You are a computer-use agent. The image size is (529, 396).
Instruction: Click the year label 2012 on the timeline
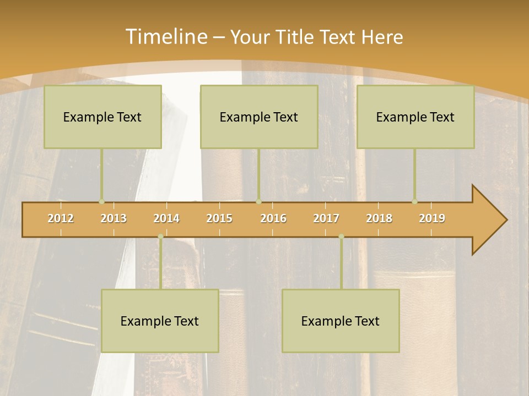tap(61, 219)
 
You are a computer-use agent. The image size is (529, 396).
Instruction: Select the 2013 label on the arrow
tap(114, 219)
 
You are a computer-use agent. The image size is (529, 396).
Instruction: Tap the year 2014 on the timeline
tap(166, 219)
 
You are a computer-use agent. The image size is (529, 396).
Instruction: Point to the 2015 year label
tap(219, 219)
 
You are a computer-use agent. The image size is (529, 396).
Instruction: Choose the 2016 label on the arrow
tap(273, 219)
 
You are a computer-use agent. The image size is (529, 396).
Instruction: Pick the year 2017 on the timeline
tap(326, 219)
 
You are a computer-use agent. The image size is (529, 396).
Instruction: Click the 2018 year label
tap(379, 219)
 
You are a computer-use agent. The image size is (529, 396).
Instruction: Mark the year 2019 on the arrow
tap(432, 219)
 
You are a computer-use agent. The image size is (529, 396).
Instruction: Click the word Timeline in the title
tap(165, 37)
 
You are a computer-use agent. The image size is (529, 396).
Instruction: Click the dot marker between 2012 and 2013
tap(101, 202)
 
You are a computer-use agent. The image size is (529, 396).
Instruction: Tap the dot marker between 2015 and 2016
tap(258, 202)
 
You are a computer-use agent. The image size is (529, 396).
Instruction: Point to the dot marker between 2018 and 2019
tap(415, 202)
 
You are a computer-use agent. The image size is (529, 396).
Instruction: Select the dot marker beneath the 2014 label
tap(160, 237)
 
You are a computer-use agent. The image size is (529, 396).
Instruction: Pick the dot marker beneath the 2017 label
tap(341, 237)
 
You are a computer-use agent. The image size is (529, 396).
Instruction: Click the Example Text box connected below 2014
tap(160, 321)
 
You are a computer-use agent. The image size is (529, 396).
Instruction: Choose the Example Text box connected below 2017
tap(341, 321)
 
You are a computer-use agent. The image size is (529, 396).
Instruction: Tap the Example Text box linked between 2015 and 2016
tap(259, 117)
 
